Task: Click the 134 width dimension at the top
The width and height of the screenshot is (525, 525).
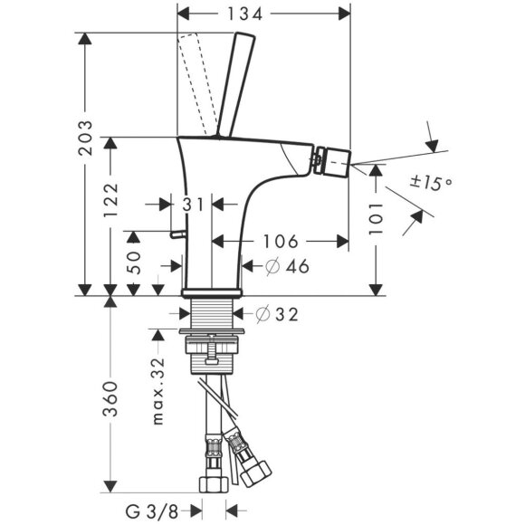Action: (x=262, y=14)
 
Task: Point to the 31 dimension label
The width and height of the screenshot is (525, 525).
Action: (x=192, y=205)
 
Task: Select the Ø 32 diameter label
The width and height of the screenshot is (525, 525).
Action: (x=278, y=315)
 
